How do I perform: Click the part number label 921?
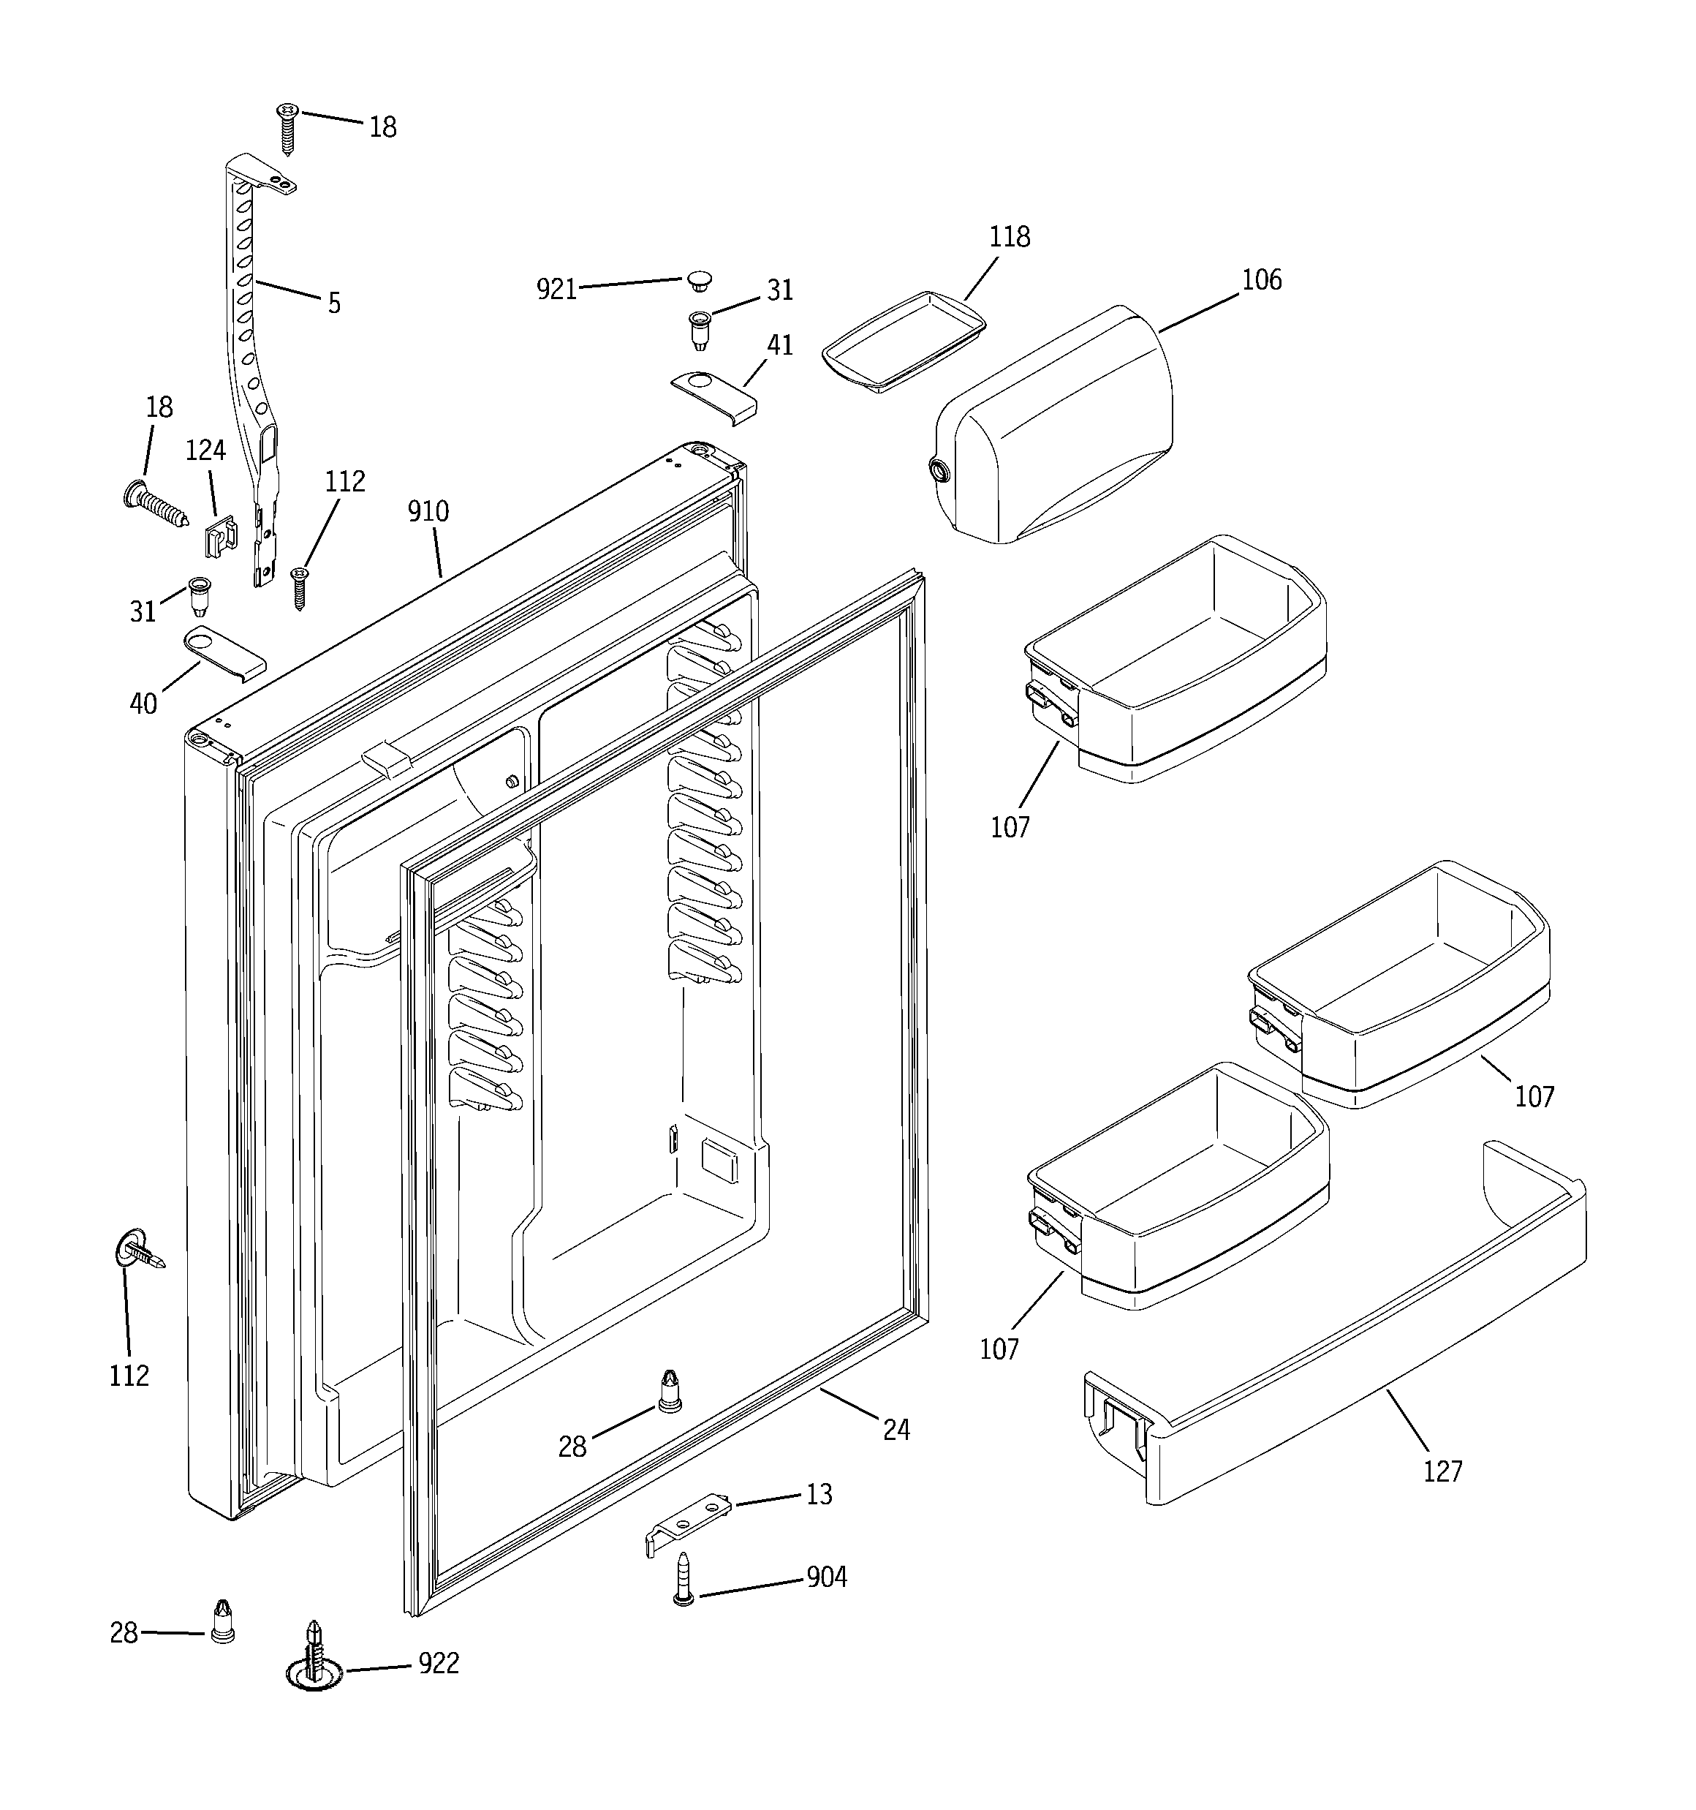click(x=556, y=290)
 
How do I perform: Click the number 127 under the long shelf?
click(x=1442, y=1471)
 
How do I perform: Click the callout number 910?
click(x=428, y=512)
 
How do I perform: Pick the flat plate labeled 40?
click(x=224, y=651)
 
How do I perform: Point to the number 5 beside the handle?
click(x=334, y=304)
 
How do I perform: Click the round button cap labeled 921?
click(x=699, y=279)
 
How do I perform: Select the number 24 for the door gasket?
click(x=896, y=1430)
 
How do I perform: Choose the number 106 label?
click(x=1262, y=279)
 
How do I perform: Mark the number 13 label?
click(x=819, y=1495)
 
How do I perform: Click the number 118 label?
click(x=1010, y=237)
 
